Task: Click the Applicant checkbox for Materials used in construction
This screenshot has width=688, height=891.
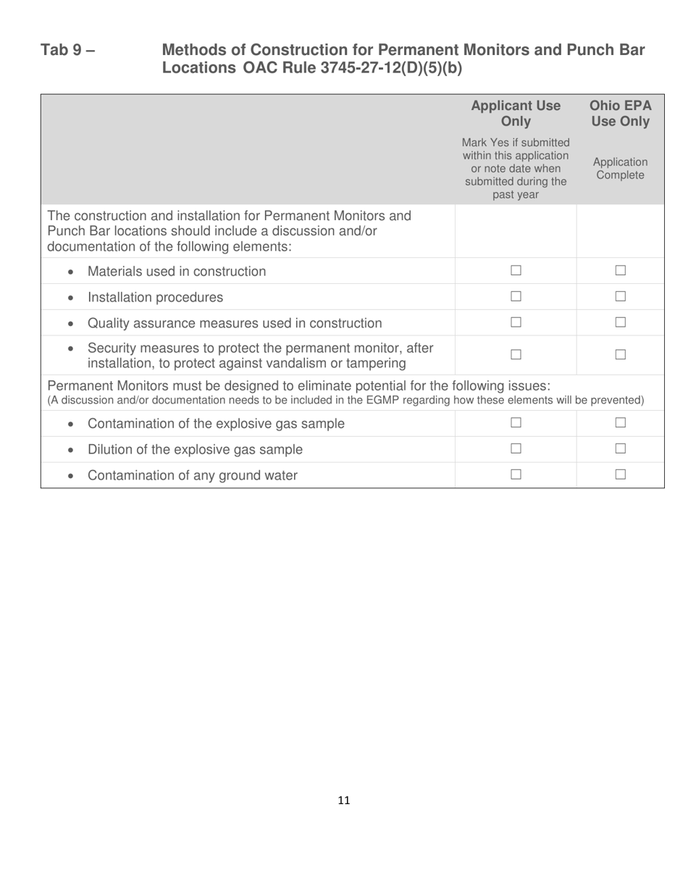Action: pyautogui.click(x=516, y=271)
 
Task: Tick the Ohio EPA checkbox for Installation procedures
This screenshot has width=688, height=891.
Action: pyautogui.click(x=620, y=297)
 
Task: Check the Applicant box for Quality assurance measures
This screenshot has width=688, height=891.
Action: pyautogui.click(x=516, y=322)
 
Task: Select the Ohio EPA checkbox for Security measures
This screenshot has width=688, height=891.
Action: pyautogui.click(x=620, y=355)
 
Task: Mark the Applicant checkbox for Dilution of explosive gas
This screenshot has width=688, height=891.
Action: pyautogui.click(x=516, y=449)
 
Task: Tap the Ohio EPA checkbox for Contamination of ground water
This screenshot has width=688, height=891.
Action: pyautogui.click(x=620, y=475)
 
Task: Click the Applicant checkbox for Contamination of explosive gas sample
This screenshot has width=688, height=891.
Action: pyautogui.click(x=516, y=423)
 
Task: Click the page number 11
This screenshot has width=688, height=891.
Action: pyautogui.click(x=344, y=800)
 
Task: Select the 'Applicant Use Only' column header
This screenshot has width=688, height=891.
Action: pyautogui.click(x=516, y=114)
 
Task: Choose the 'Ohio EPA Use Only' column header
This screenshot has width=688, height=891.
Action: pyautogui.click(x=620, y=114)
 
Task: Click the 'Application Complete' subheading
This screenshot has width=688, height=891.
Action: pyautogui.click(x=620, y=169)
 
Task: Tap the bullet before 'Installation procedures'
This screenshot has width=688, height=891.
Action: pyautogui.click(x=70, y=298)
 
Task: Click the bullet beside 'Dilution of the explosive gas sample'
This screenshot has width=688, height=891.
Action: pyautogui.click(x=70, y=450)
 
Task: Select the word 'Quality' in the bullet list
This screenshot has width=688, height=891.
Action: pyautogui.click(x=109, y=323)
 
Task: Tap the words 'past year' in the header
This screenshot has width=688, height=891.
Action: pyautogui.click(x=516, y=195)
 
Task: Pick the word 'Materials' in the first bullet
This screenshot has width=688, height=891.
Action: pyautogui.click(x=116, y=272)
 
